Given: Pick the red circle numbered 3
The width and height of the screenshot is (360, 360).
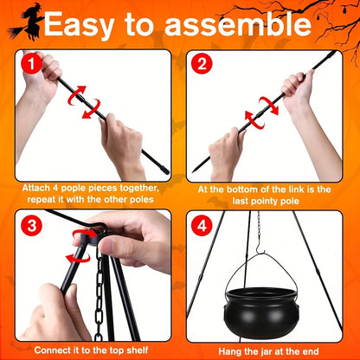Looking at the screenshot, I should coord(32,225).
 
